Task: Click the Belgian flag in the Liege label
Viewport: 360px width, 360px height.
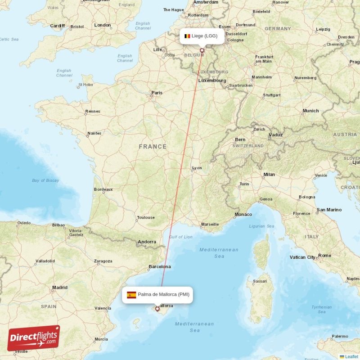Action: coord(187,36)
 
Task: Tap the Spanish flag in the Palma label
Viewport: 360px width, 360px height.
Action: coord(131,295)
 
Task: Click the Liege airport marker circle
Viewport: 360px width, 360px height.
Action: coord(202,50)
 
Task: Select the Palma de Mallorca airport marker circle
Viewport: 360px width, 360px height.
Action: coord(157,309)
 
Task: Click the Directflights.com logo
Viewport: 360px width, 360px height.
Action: coord(34,338)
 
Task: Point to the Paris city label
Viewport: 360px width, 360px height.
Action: coord(157,93)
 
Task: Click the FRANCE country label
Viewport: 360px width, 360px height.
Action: coord(153,147)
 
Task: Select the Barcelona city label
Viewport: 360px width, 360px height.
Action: coord(160,266)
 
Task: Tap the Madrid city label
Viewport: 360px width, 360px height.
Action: coord(59,287)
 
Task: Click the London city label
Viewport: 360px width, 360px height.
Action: coord(103,25)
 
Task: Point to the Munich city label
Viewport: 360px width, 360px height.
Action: coord(310,111)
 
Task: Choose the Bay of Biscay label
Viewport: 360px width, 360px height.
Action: coord(45,180)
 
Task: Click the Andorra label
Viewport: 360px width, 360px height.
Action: coord(147,242)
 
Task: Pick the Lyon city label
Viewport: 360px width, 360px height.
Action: coord(197,168)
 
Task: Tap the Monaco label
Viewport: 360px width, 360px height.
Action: coord(243,214)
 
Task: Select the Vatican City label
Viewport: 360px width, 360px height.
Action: coord(302,257)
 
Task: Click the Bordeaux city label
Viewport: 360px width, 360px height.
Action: coord(103,189)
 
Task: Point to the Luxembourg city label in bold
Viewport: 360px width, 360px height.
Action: coord(212,81)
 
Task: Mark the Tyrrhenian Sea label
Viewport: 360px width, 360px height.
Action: coord(321,309)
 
